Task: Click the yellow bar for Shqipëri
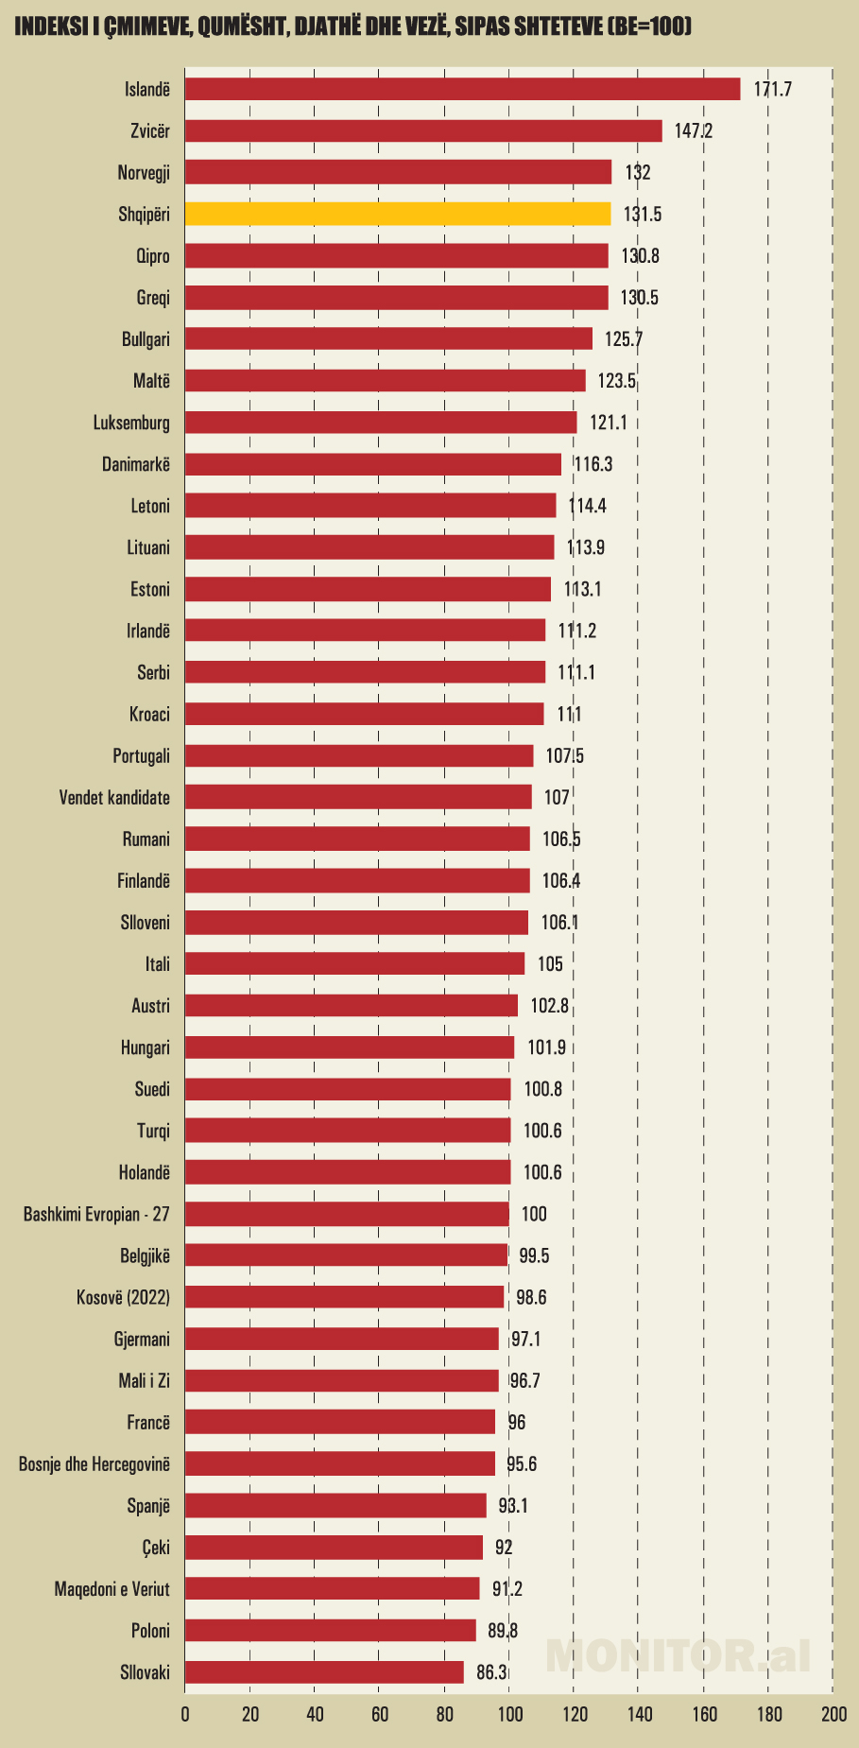pos(397,214)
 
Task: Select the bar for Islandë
pos(462,89)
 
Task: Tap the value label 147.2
pos(693,130)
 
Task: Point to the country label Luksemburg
pos(131,423)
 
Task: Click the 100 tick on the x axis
pos(509,1715)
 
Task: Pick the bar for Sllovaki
pos(324,1672)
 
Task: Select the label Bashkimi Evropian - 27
pos(96,1214)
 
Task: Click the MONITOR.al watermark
pos(678,1654)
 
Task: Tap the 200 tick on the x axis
pos(833,1715)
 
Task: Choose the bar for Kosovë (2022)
pos(344,1297)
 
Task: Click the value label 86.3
pos(491,1672)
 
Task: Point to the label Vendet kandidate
pos(114,798)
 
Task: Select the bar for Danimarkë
pos(372,464)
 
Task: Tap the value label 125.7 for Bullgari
pos(624,339)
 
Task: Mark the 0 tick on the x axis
pos(185,1715)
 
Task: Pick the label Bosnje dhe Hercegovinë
pos(94,1464)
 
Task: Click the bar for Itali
pos(354,964)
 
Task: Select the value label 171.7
pos(772,89)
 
